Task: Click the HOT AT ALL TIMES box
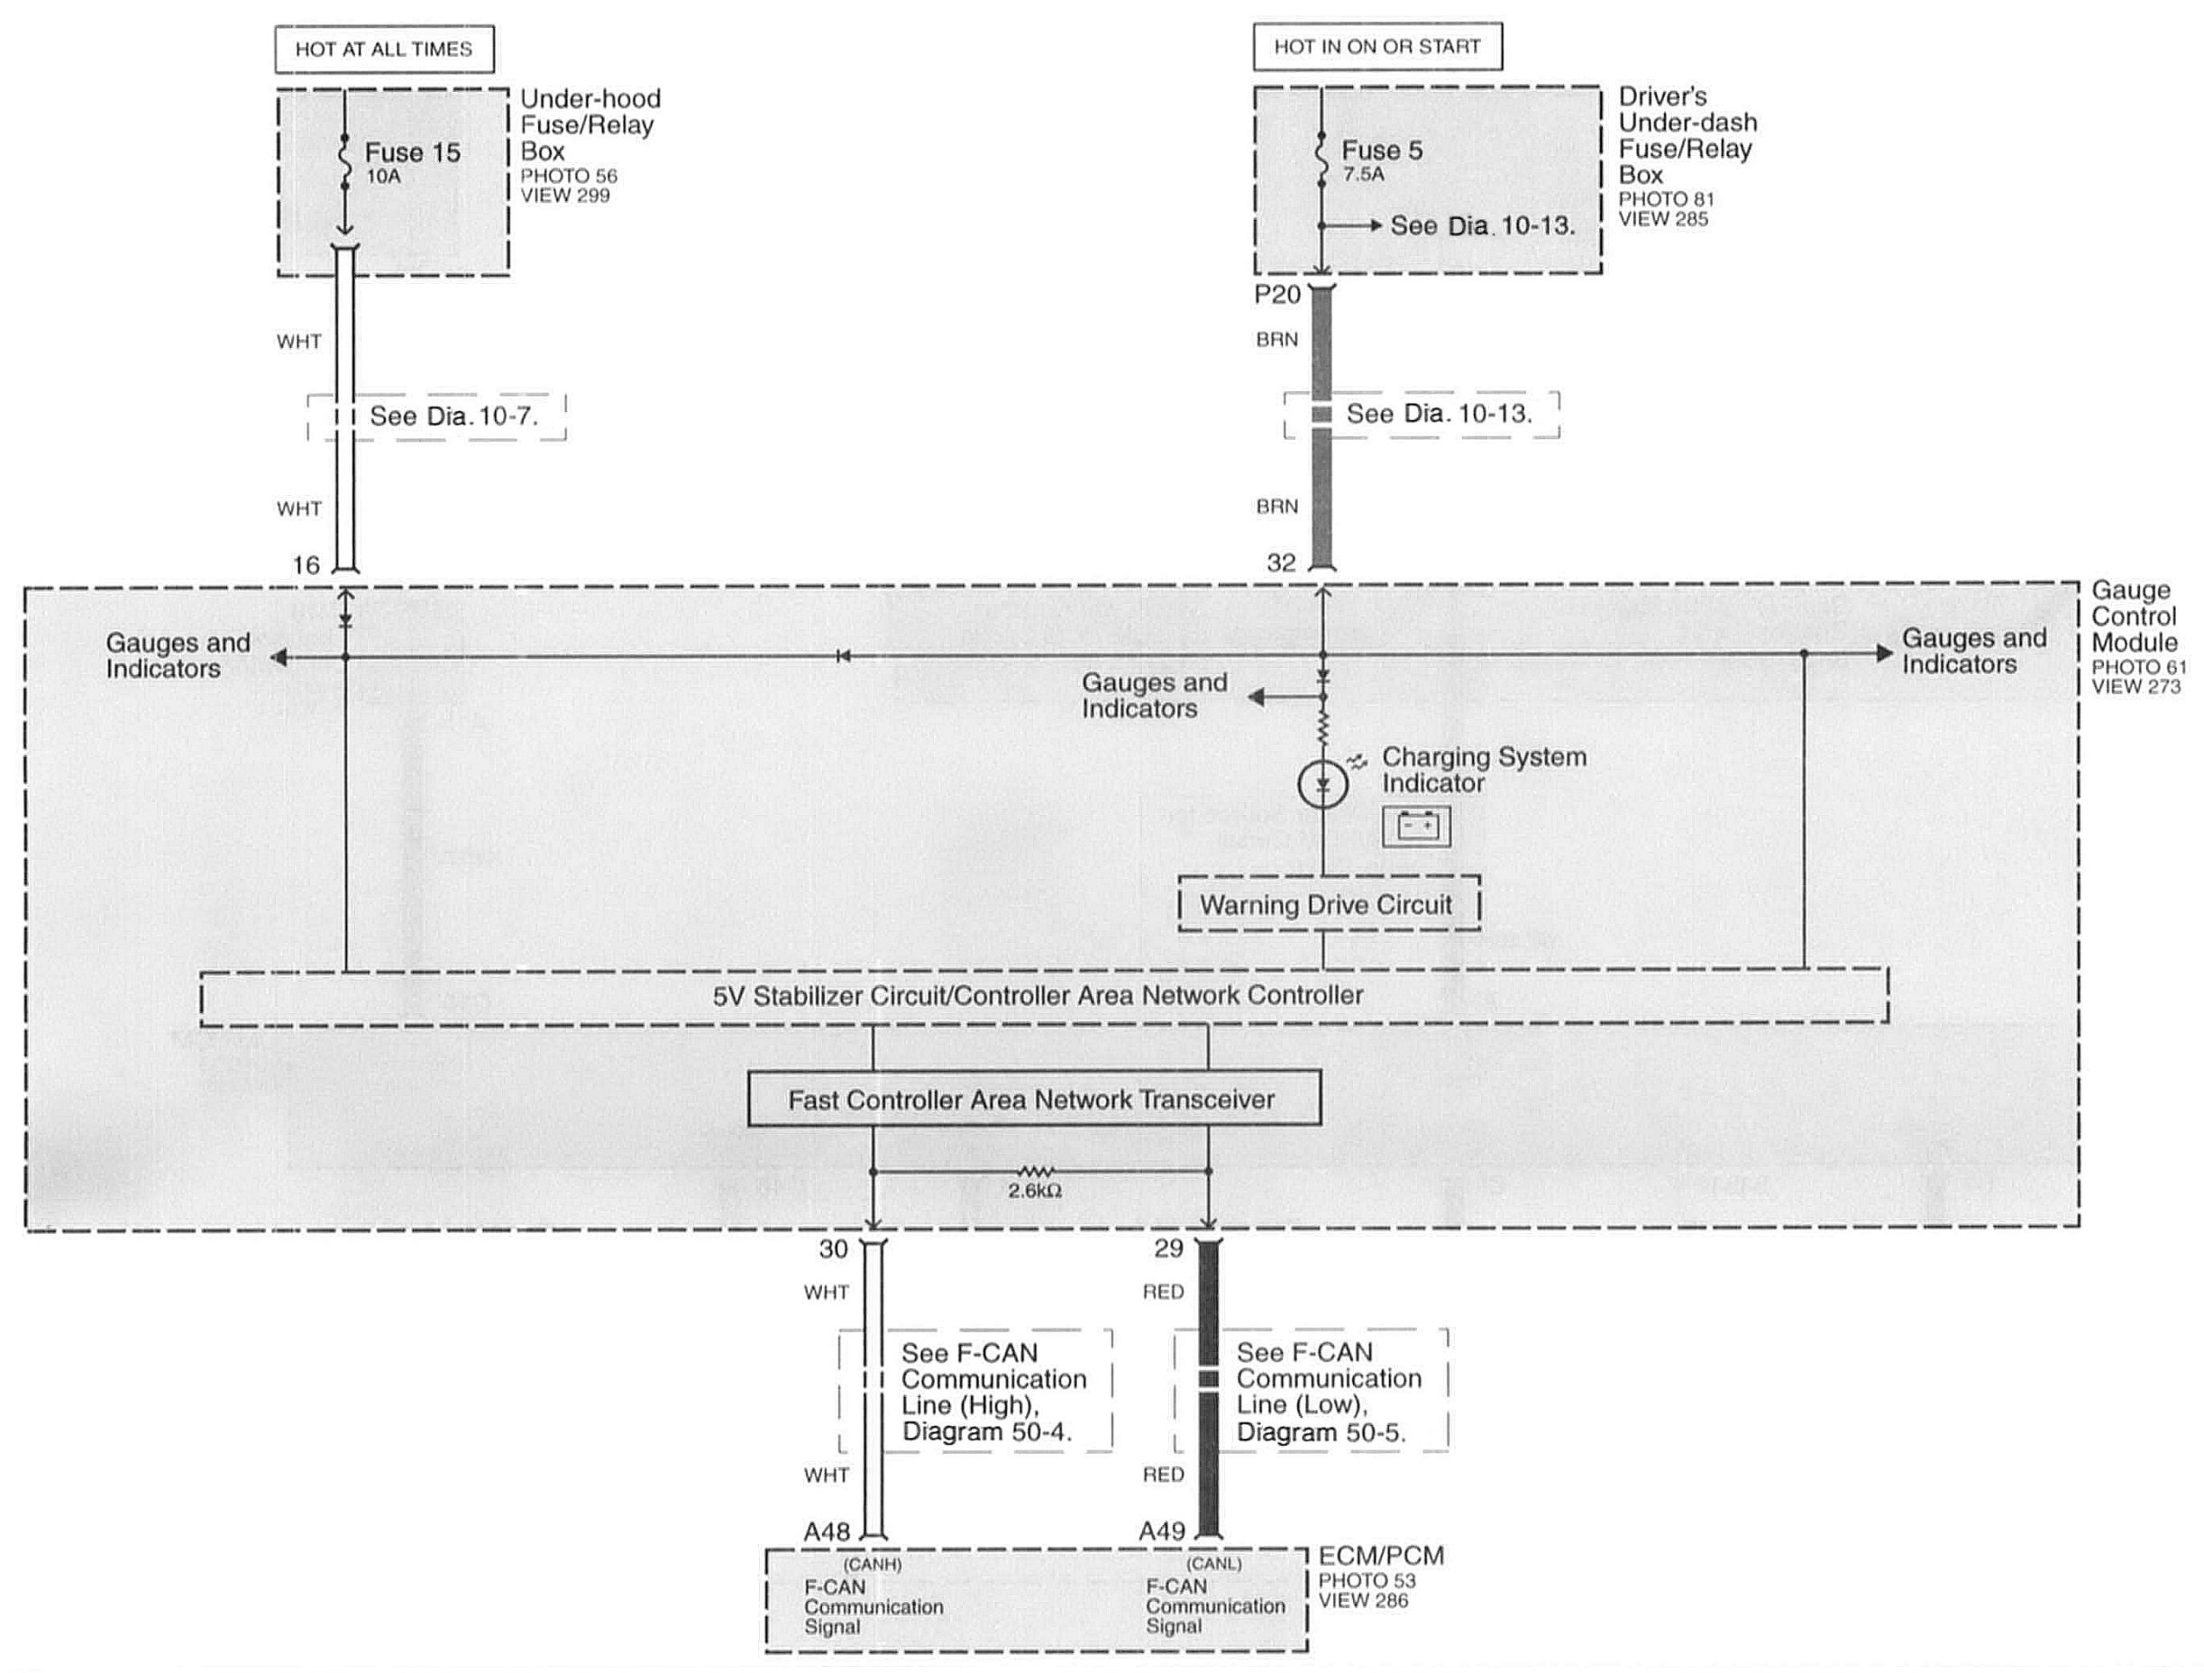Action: [x=384, y=49]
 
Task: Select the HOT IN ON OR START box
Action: [x=1377, y=46]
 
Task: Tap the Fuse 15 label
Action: [x=412, y=152]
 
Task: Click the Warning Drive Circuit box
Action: [x=1327, y=904]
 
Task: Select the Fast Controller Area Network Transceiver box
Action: [x=1033, y=1099]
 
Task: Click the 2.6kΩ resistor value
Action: [x=1034, y=1191]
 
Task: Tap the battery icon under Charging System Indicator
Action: [x=1416, y=826]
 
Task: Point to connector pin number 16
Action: [x=306, y=565]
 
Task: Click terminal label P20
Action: [x=1277, y=294]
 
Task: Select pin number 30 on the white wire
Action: [x=833, y=1248]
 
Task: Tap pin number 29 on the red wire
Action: [x=1169, y=1248]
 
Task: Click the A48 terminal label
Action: [x=827, y=1531]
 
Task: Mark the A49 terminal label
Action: [x=1162, y=1531]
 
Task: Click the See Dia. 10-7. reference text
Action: [x=453, y=416]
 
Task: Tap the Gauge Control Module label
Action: [x=2134, y=617]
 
